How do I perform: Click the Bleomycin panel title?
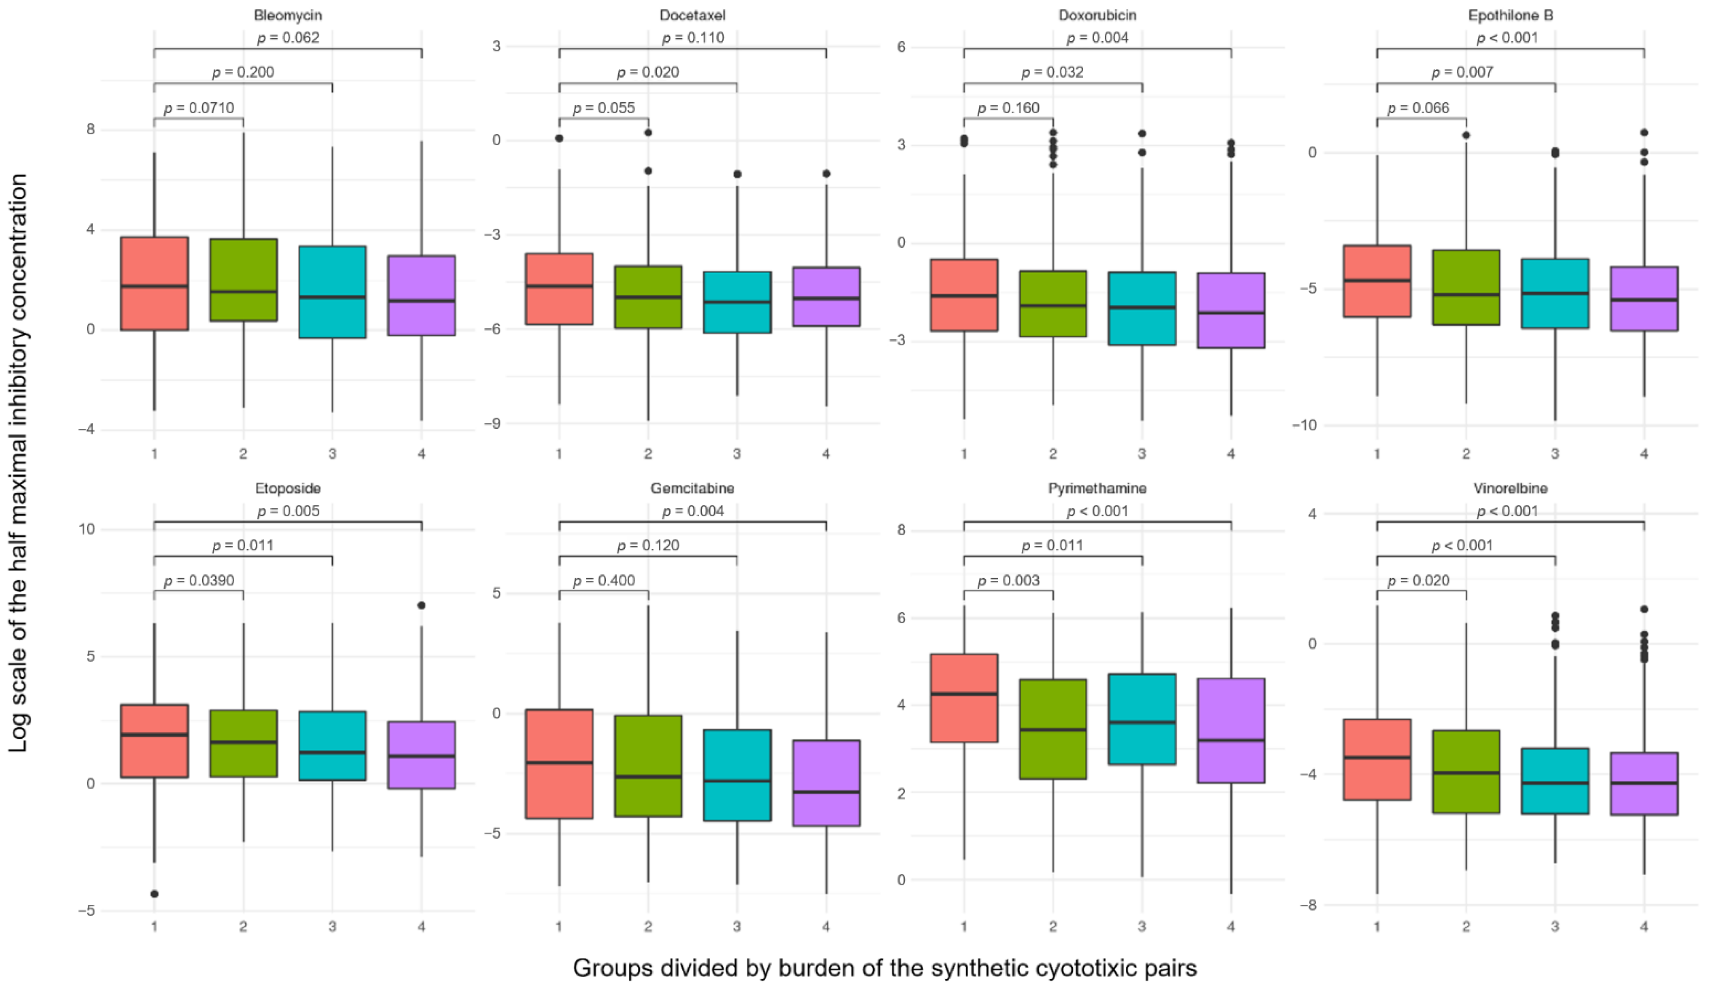coord(288,15)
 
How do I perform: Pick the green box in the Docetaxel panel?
coord(648,297)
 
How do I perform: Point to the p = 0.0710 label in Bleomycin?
coord(199,108)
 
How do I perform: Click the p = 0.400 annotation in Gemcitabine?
coord(604,581)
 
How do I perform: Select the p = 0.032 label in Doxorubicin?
coord(1052,72)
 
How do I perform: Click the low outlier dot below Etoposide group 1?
coord(155,894)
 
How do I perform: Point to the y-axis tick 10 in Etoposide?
coord(87,530)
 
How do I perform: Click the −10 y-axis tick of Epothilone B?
coord(1303,425)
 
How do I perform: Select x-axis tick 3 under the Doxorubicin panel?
coord(1142,453)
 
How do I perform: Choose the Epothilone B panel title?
coord(1511,15)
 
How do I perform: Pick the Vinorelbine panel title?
coord(1511,488)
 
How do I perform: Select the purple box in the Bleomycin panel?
coord(421,295)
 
